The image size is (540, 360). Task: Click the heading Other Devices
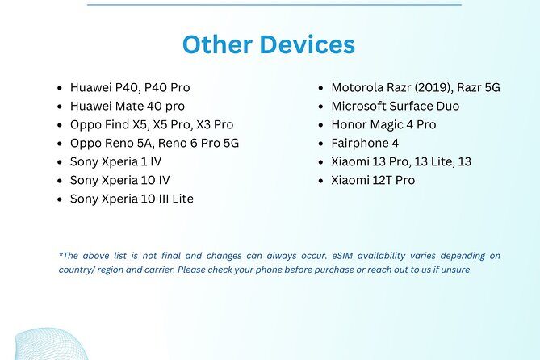click(269, 44)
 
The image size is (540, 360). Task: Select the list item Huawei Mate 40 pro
click(128, 106)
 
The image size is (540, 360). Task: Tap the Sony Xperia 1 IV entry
click(116, 161)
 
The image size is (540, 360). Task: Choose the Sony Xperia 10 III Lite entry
click(132, 199)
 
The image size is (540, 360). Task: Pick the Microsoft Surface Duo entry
click(395, 106)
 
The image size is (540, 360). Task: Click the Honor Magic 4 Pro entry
click(383, 124)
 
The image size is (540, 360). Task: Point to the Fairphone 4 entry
click(365, 143)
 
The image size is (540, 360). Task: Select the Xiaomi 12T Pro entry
click(373, 180)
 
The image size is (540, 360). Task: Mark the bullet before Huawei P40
click(61, 88)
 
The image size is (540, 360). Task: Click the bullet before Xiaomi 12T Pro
click(321, 181)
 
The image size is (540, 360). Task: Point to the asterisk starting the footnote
click(61, 254)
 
